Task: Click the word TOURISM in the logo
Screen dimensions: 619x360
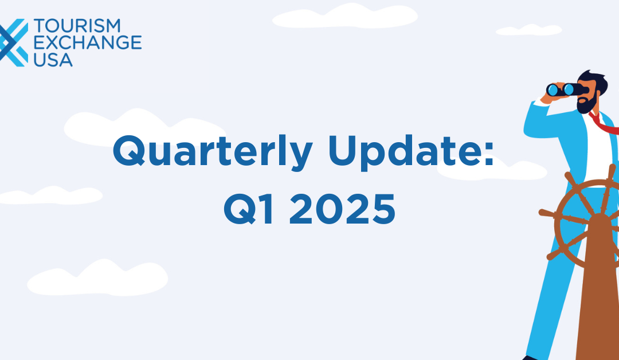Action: click(x=77, y=26)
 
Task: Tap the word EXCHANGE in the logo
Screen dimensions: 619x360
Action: click(x=88, y=42)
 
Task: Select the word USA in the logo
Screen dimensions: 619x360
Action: click(x=53, y=60)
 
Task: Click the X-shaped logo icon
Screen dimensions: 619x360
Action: click(x=13, y=42)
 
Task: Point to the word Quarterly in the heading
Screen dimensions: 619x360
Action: click(x=213, y=152)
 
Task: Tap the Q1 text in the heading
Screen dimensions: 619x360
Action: click(x=249, y=209)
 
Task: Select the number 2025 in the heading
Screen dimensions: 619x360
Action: click(x=342, y=209)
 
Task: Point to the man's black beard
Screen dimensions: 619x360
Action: click(x=587, y=103)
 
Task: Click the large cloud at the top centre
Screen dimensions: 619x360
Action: click(x=345, y=16)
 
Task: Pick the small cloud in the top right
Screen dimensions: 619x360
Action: click(x=529, y=30)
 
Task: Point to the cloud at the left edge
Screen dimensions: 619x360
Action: click(x=50, y=195)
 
